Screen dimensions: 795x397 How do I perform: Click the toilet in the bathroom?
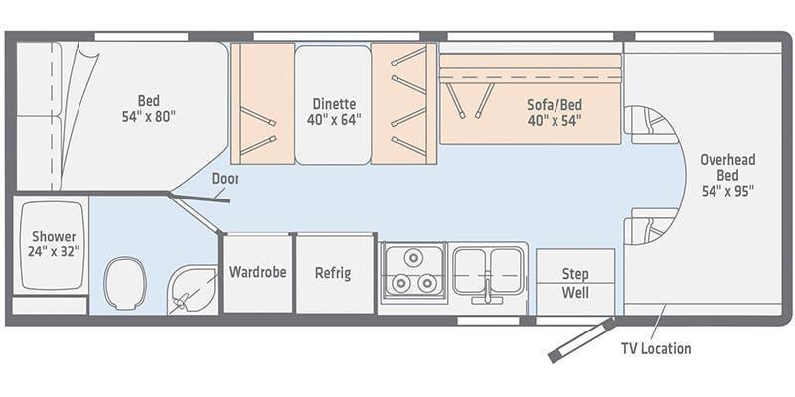125,283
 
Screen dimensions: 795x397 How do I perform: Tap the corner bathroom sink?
192,290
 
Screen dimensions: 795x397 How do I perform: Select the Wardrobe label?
257,272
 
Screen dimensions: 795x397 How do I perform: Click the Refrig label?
333,273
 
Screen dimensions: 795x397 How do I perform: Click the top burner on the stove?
413,257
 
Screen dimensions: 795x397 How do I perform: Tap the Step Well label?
575,283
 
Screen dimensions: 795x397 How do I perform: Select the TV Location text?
656,349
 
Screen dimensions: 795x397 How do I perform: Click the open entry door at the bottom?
581,339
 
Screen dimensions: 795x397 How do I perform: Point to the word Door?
226,179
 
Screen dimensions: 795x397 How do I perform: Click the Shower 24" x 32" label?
55,244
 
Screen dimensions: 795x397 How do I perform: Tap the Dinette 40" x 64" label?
334,112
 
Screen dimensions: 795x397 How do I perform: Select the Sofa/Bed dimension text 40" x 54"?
555,121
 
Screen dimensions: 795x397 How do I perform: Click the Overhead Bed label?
728,168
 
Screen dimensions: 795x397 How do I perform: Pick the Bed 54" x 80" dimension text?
148,117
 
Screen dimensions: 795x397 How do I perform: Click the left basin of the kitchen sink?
469,270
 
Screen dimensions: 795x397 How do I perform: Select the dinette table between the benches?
333,104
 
